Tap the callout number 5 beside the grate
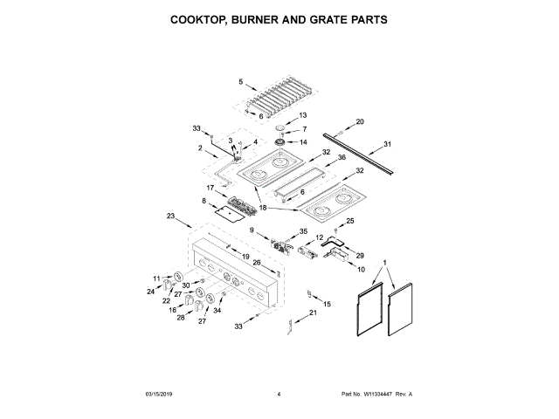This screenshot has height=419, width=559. point(241,82)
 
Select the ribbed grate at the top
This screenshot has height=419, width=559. point(282,96)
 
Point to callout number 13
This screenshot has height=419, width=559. point(303,115)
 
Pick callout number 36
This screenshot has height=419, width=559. point(342,158)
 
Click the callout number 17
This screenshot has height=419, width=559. point(210,188)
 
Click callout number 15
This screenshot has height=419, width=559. point(328,304)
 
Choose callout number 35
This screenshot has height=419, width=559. point(304,231)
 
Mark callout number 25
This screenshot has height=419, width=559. point(351,221)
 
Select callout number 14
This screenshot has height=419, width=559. point(304,142)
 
